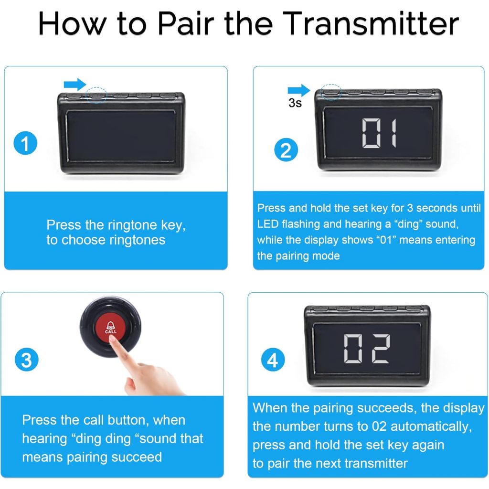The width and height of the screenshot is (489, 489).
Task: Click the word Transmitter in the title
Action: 371,23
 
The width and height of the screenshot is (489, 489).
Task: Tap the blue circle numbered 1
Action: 25,143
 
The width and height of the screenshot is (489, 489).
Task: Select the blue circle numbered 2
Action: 286,149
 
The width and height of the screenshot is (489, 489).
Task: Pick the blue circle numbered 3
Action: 27,360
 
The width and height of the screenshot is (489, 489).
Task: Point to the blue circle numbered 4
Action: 273,360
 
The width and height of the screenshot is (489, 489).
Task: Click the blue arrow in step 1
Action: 75,85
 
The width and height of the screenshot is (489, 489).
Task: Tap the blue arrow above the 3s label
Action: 299,90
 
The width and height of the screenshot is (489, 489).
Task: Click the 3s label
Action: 295,103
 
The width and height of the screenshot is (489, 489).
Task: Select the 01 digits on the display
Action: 379,133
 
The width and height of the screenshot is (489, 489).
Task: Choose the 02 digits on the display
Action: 367,349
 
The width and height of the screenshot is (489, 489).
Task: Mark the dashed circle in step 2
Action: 331,92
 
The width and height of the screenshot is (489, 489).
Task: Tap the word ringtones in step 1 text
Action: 137,240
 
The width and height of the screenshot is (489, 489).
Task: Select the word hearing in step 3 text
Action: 44,439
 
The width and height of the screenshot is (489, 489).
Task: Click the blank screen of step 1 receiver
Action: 120,136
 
